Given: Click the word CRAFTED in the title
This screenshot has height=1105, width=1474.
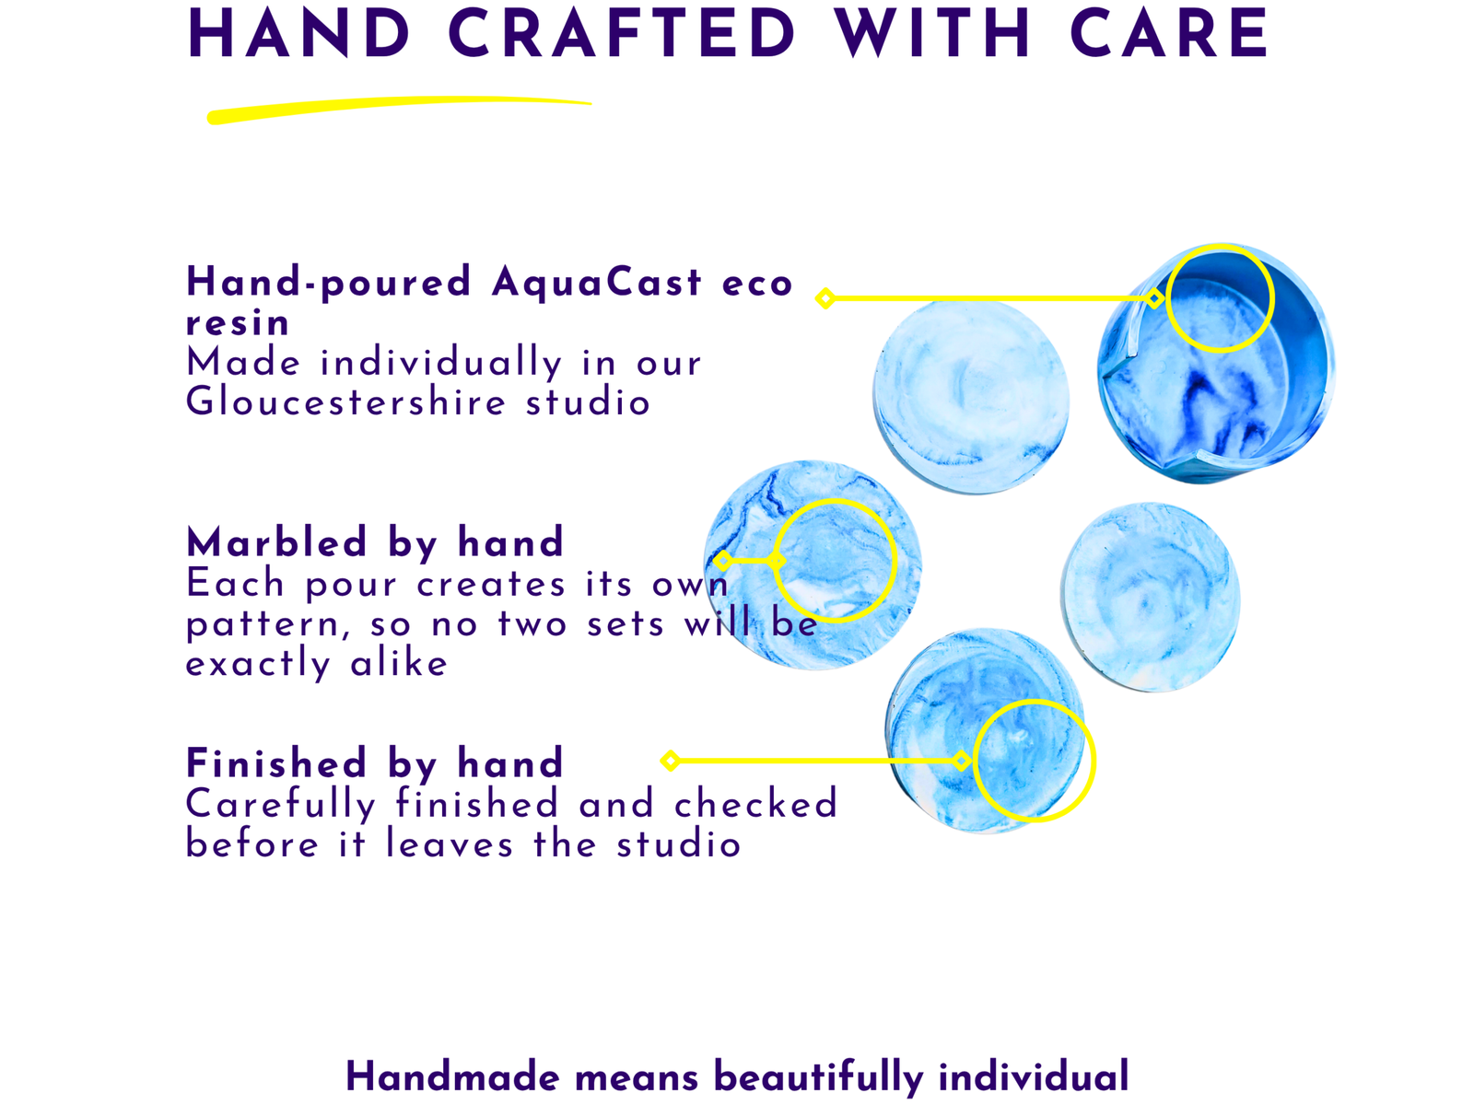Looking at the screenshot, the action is [622, 33].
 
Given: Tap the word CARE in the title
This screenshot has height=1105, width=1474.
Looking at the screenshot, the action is [1168, 33].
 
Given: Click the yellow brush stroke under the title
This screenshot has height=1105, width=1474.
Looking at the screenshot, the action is [399, 110].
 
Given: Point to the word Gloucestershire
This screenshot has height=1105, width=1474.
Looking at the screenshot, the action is [345, 402].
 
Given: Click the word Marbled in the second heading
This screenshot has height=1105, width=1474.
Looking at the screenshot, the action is [276, 542].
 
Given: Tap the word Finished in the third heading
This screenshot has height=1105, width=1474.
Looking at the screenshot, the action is [276, 762].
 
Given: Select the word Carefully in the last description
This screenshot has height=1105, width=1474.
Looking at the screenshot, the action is [281, 805].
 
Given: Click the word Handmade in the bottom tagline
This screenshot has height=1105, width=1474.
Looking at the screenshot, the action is [452, 1076].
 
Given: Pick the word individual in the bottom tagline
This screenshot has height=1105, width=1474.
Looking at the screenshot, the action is [1034, 1076].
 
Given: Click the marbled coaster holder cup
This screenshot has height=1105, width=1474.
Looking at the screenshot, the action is [1216, 363].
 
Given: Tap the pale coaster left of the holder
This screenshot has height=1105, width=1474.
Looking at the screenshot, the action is [971, 397].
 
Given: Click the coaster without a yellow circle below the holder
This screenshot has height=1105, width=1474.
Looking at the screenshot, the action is [1151, 597].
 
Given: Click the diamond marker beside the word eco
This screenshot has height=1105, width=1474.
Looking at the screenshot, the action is [825, 297].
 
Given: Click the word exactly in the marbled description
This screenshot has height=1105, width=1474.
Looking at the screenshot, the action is [258, 665].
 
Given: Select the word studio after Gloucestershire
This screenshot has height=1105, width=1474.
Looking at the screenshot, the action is [588, 402].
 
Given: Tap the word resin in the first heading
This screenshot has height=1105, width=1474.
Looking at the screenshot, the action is [238, 324].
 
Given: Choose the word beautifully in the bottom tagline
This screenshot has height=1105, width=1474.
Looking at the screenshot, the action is [819, 1077].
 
